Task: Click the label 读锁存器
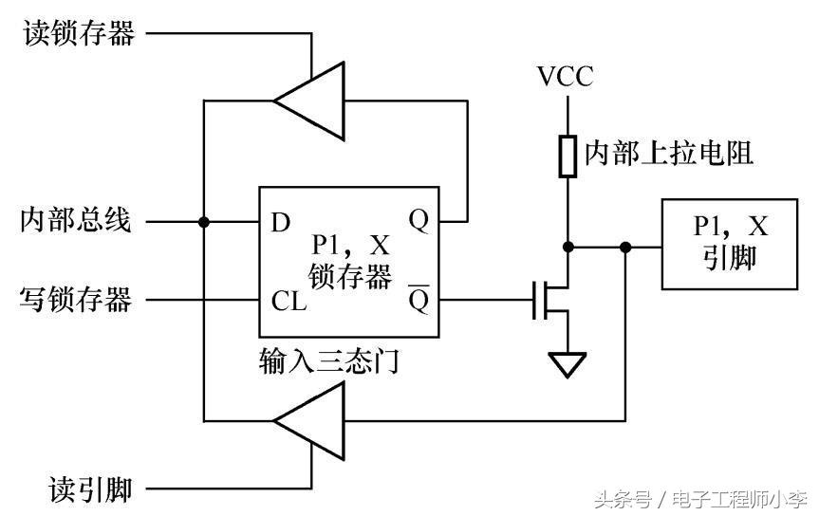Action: click(x=78, y=34)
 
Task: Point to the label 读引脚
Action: click(x=90, y=489)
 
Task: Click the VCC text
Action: click(x=565, y=76)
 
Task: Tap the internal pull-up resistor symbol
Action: click(x=568, y=157)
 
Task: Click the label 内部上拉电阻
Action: click(x=668, y=154)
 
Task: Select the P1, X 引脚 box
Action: click(x=729, y=244)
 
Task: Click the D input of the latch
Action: click(x=281, y=223)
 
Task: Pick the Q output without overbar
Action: click(x=419, y=221)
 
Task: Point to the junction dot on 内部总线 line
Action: click(x=203, y=222)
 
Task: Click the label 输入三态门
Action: click(x=327, y=360)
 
